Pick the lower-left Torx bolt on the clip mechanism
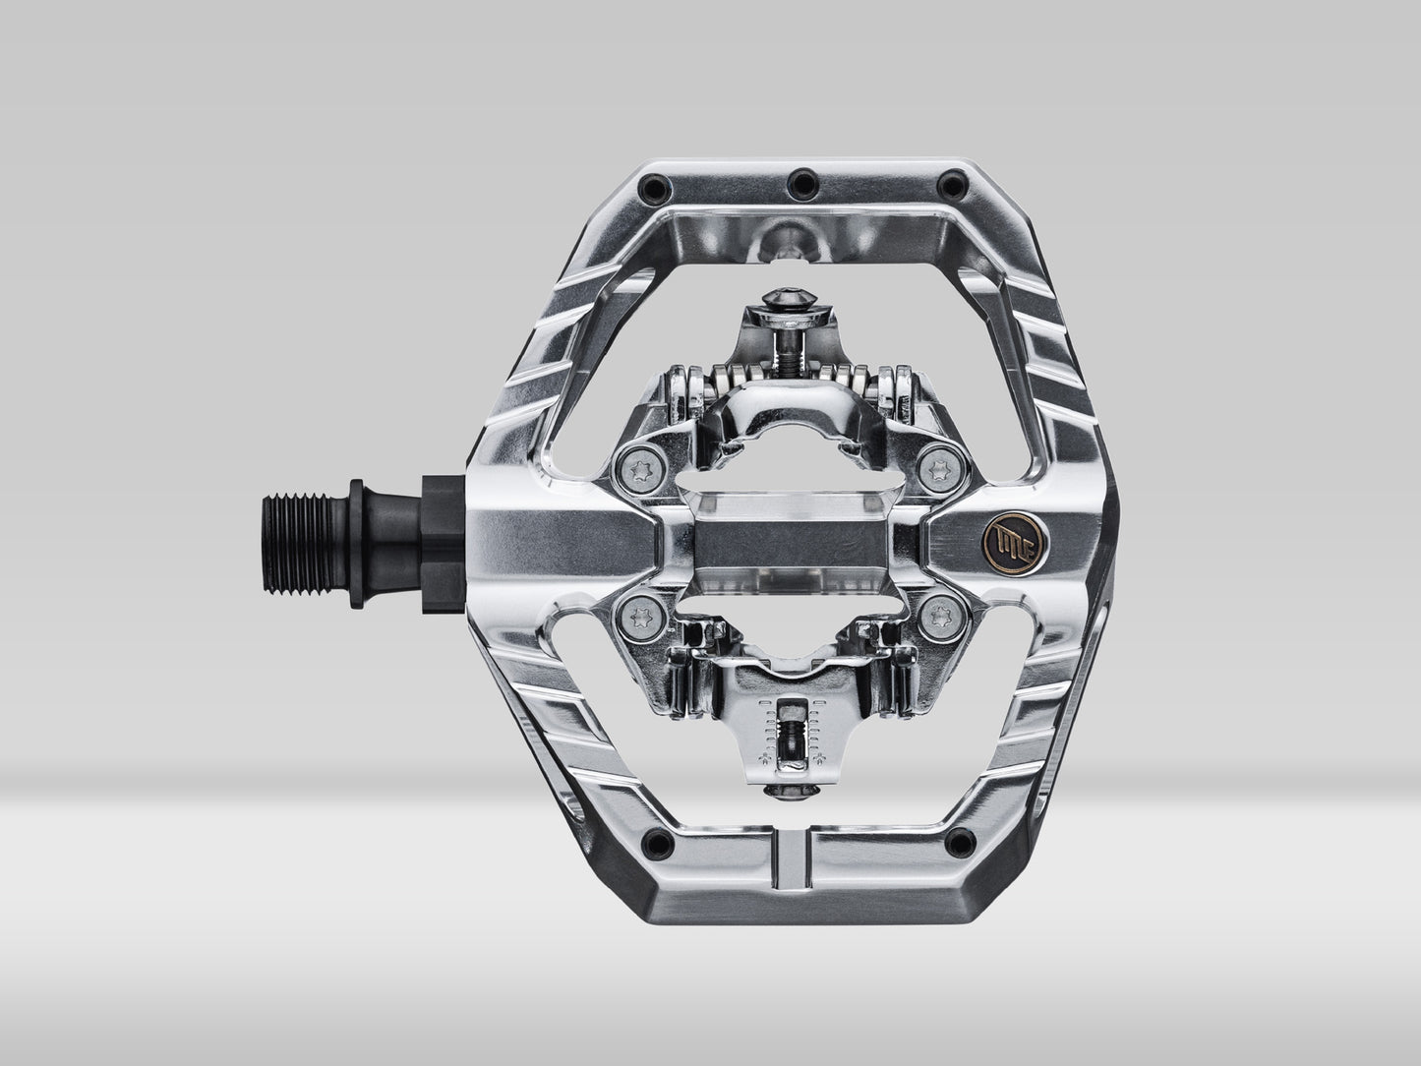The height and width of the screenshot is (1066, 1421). point(631,616)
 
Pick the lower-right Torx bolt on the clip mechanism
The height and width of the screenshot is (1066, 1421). point(946,616)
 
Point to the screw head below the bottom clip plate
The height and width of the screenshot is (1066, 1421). point(790,790)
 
